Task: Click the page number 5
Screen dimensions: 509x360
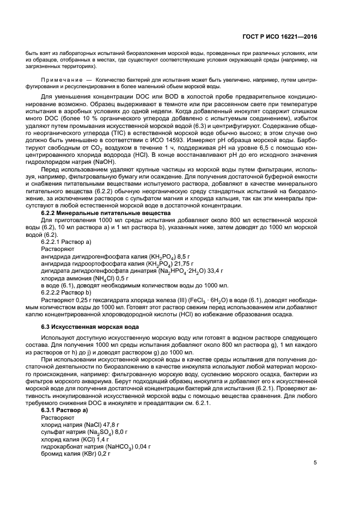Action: (315, 463)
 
